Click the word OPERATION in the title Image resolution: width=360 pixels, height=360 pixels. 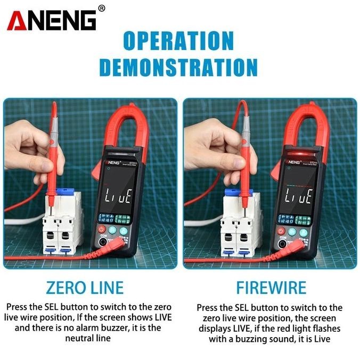pos(179,41)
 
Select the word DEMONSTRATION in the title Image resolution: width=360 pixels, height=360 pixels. pos(179,68)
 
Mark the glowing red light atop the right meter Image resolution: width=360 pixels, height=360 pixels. pos(296,156)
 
